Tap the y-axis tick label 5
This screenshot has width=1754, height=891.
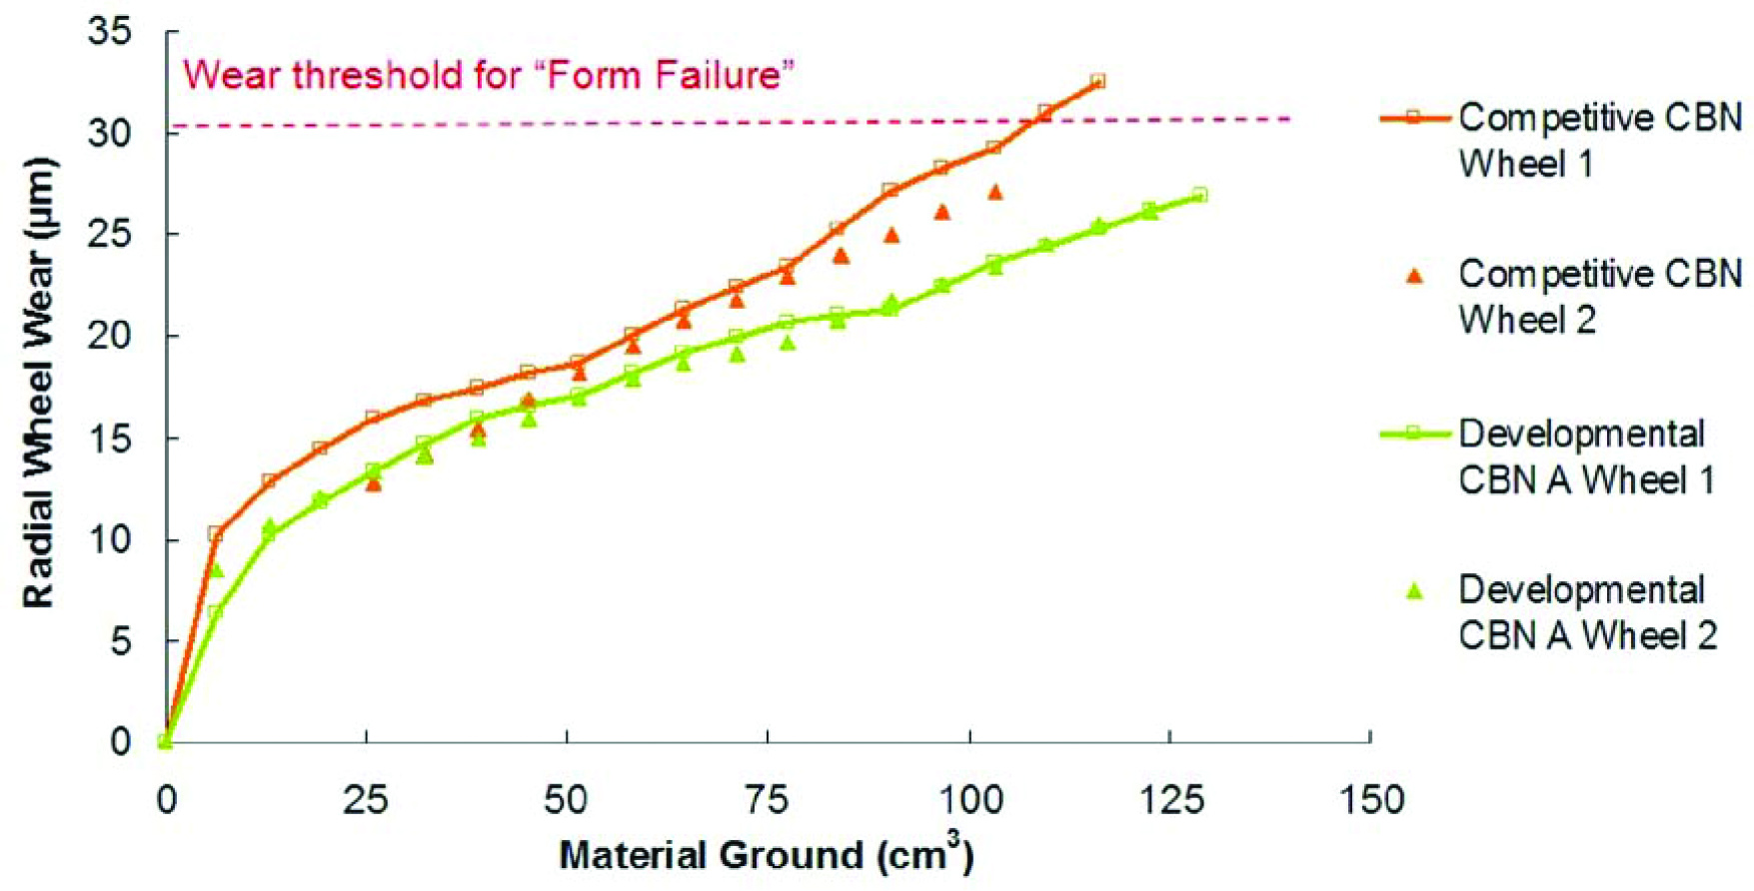point(120,641)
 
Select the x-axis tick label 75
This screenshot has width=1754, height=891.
point(768,799)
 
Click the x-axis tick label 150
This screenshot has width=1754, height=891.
point(1370,799)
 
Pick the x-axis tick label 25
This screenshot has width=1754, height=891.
point(366,799)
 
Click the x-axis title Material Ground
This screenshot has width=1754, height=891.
point(767,855)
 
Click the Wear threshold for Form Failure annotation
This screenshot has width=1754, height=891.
point(489,75)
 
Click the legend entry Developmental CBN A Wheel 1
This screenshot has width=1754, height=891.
point(1548,456)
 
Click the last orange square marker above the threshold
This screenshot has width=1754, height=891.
point(1097,81)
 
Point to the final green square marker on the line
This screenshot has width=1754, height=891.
point(1199,195)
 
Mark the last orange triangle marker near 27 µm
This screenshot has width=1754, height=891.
point(995,192)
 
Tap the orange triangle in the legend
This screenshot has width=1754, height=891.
point(1414,277)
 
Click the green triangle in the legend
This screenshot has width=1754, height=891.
point(1414,590)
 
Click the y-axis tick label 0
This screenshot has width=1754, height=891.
point(120,742)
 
